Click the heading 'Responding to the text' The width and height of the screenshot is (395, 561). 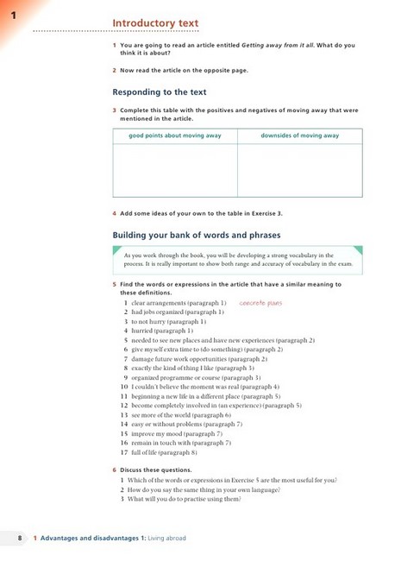(160, 91)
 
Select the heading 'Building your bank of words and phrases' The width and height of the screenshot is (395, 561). (196, 235)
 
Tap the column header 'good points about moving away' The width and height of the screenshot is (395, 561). (175, 136)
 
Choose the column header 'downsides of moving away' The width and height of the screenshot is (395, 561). (300, 136)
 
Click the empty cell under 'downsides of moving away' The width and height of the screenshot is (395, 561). (300, 170)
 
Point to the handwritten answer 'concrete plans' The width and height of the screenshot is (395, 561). (260, 304)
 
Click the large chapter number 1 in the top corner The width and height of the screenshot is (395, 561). (13, 15)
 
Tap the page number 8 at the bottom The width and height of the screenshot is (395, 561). (19, 538)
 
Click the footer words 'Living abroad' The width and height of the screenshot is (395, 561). (166, 538)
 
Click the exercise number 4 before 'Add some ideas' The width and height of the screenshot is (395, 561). (115, 213)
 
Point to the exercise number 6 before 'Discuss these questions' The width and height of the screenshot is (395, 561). (115, 470)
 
